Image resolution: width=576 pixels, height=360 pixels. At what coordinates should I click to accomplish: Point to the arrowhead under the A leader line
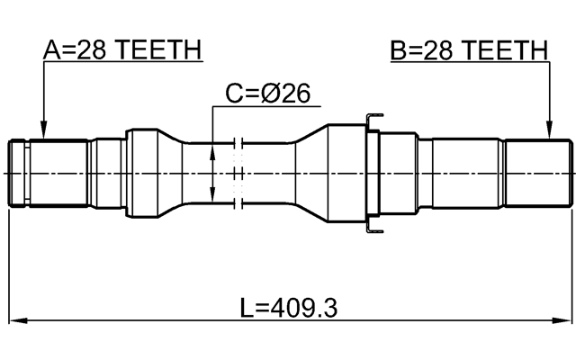[x=43, y=133]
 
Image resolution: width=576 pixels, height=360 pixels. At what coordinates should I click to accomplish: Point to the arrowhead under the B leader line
[x=548, y=133]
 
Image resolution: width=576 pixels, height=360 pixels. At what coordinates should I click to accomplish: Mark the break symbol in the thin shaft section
[x=238, y=171]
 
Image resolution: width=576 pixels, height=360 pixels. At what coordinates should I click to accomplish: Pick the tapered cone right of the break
[x=310, y=171]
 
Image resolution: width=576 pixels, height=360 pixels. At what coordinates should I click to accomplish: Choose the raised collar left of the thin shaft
[x=144, y=171]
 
